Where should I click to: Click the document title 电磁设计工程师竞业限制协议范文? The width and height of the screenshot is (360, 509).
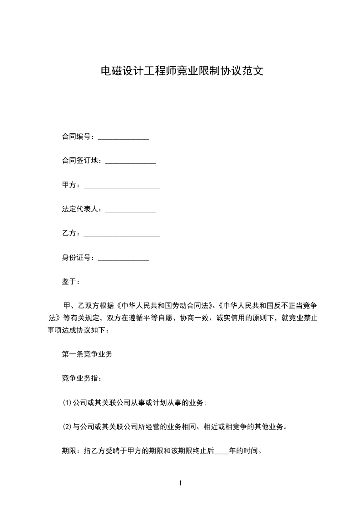pyautogui.click(x=182, y=71)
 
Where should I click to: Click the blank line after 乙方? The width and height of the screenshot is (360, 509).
pyautogui.click(x=122, y=235)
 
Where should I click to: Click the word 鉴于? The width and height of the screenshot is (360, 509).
pyautogui.click(x=69, y=282)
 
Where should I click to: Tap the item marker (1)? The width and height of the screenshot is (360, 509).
pyautogui.click(x=67, y=403)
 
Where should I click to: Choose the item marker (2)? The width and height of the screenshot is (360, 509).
pyautogui.click(x=67, y=427)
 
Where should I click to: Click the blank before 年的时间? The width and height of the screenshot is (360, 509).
pyautogui.click(x=221, y=452)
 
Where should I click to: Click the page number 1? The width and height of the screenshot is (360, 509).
pyautogui.click(x=180, y=483)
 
